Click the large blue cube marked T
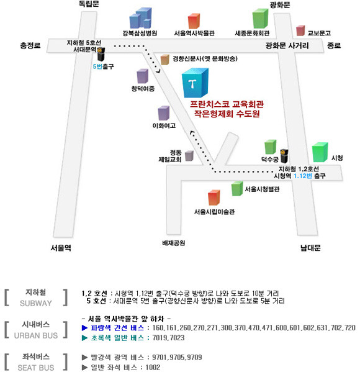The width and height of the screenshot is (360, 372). click(195, 83)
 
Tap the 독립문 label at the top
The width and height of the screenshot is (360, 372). click(89, 4)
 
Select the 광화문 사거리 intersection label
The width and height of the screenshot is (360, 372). click(287, 45)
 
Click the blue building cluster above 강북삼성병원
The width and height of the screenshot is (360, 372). click(140, 18)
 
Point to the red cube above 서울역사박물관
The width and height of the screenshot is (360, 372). click(194, 21)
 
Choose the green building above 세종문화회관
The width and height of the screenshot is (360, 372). click(260, 19)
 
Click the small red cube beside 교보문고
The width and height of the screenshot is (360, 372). click(300, 30)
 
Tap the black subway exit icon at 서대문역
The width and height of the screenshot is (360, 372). click(101, 54)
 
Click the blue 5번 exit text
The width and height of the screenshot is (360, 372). click(97, 66)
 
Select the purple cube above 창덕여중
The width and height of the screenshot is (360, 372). click(143, 76)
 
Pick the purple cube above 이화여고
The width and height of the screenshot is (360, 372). click(164, 113)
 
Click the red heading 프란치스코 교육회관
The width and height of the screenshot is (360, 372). click(227, 104)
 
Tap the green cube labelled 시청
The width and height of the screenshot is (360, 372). click(320, 152)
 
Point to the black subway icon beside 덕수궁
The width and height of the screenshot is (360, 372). click(284, 156)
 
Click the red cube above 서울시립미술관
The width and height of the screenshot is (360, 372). click(214, 197)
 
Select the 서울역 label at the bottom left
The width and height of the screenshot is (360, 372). click(61, 248)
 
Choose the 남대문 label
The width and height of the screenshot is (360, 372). click(310, 248)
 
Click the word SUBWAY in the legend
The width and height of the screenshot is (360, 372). click(36, 303)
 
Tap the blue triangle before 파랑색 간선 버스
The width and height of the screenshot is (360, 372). click(84, 328)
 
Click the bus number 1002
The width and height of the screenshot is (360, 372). click(153, 367)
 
